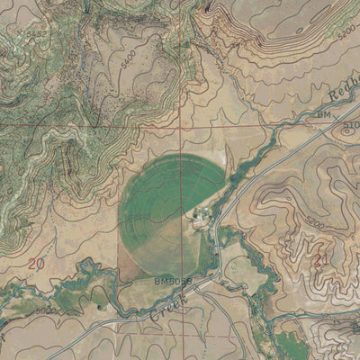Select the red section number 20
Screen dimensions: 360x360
[x=36, y=264]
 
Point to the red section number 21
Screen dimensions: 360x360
[x=322, y=259]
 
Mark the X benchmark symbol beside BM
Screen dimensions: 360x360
[x=337, y=118]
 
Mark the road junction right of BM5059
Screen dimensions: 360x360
[x=216, y=274]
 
